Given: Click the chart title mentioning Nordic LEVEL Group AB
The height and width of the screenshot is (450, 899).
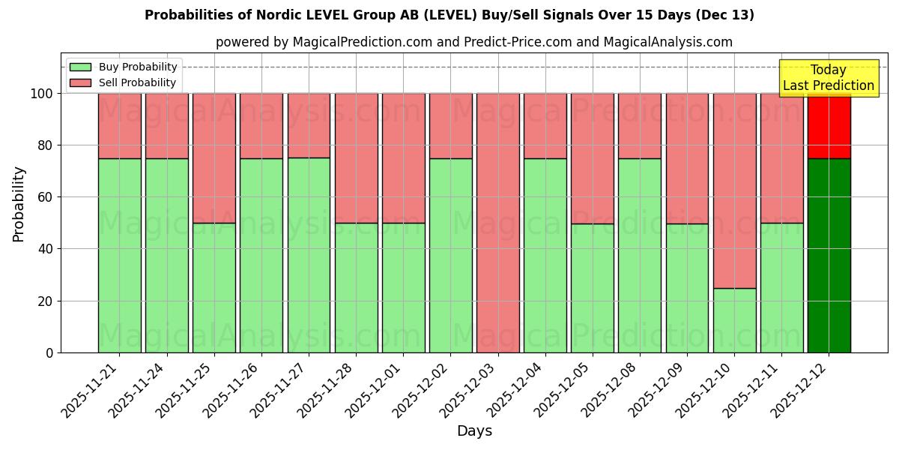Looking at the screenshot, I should [x=449, y=15].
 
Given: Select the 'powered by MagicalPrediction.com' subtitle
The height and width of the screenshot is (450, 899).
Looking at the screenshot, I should [x=473, y=42].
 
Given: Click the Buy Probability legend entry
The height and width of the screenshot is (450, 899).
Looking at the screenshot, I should [x=124, y=67].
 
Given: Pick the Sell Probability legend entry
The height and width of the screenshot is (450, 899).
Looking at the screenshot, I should [x=124, y=82].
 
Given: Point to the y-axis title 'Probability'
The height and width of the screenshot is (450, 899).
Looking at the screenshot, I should [x=19, y=203].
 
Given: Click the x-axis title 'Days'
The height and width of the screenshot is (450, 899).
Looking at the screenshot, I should [x=474, y=431].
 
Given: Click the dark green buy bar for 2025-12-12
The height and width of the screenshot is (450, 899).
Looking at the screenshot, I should [x=829, y=255].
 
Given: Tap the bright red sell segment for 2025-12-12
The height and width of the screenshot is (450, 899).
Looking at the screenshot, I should [x=829, y=125].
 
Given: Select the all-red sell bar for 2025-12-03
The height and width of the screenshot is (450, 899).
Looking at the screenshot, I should [x=497, y=223].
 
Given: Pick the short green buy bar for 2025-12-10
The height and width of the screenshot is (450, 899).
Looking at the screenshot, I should [x=734, y=320].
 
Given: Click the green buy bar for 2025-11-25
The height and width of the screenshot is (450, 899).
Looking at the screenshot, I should [x=214, y=287].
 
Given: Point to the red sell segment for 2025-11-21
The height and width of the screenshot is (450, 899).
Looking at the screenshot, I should [x=119, y=125].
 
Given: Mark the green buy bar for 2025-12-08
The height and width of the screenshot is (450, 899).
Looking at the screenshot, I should [x=640, y=255].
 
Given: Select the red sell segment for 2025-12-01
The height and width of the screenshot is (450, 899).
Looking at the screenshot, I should [x=403, y=157].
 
